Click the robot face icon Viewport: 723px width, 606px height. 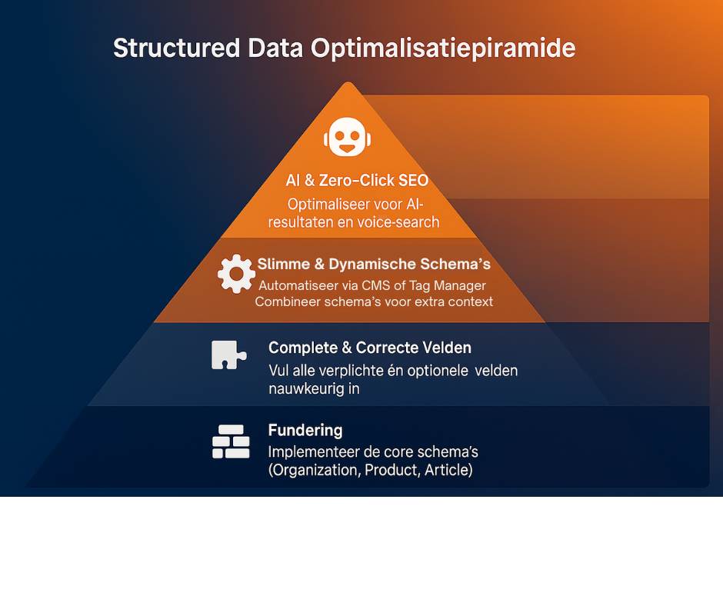click(348, 138)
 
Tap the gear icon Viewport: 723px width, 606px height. click(236, 273)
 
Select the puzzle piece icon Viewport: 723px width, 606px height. click(228, 355)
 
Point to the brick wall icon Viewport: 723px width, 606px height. click(231, 441)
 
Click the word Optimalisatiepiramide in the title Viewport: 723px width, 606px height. click(443, 48)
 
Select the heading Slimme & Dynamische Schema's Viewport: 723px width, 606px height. click(374, 265)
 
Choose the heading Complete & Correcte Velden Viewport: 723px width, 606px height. click(369, 348)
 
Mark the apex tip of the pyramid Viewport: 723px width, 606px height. click(348, 83)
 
